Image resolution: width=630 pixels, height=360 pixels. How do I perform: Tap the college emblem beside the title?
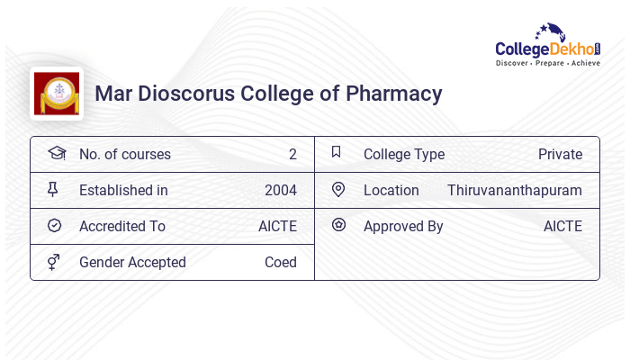point(57,94)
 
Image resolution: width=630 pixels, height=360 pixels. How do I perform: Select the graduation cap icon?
point(56,153)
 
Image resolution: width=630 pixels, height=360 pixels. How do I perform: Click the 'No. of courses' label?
point(124,154)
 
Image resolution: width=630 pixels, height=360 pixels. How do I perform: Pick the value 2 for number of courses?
point(292,154)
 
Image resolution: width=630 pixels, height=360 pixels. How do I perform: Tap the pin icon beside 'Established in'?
point(53,189)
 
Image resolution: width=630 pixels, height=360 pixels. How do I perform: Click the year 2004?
point(281,190)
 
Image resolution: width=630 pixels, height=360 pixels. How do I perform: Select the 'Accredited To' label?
point(122,226)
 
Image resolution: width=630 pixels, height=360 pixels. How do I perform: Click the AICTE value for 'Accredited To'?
point(277,226)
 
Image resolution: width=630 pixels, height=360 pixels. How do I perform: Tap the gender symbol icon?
point(53,262)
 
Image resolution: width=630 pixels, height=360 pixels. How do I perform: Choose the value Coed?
point(281,262)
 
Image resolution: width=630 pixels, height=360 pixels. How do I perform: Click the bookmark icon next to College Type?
point(337,152)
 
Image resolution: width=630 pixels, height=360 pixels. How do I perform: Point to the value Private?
point(560,154)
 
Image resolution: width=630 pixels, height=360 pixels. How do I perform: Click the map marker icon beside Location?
point(338,189)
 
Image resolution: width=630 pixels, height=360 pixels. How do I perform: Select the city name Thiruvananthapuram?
point(515,190)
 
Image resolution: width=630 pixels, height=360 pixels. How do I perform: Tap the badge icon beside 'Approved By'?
point(338,225)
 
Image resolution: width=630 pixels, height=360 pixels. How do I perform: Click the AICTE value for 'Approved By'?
point(562,226)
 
